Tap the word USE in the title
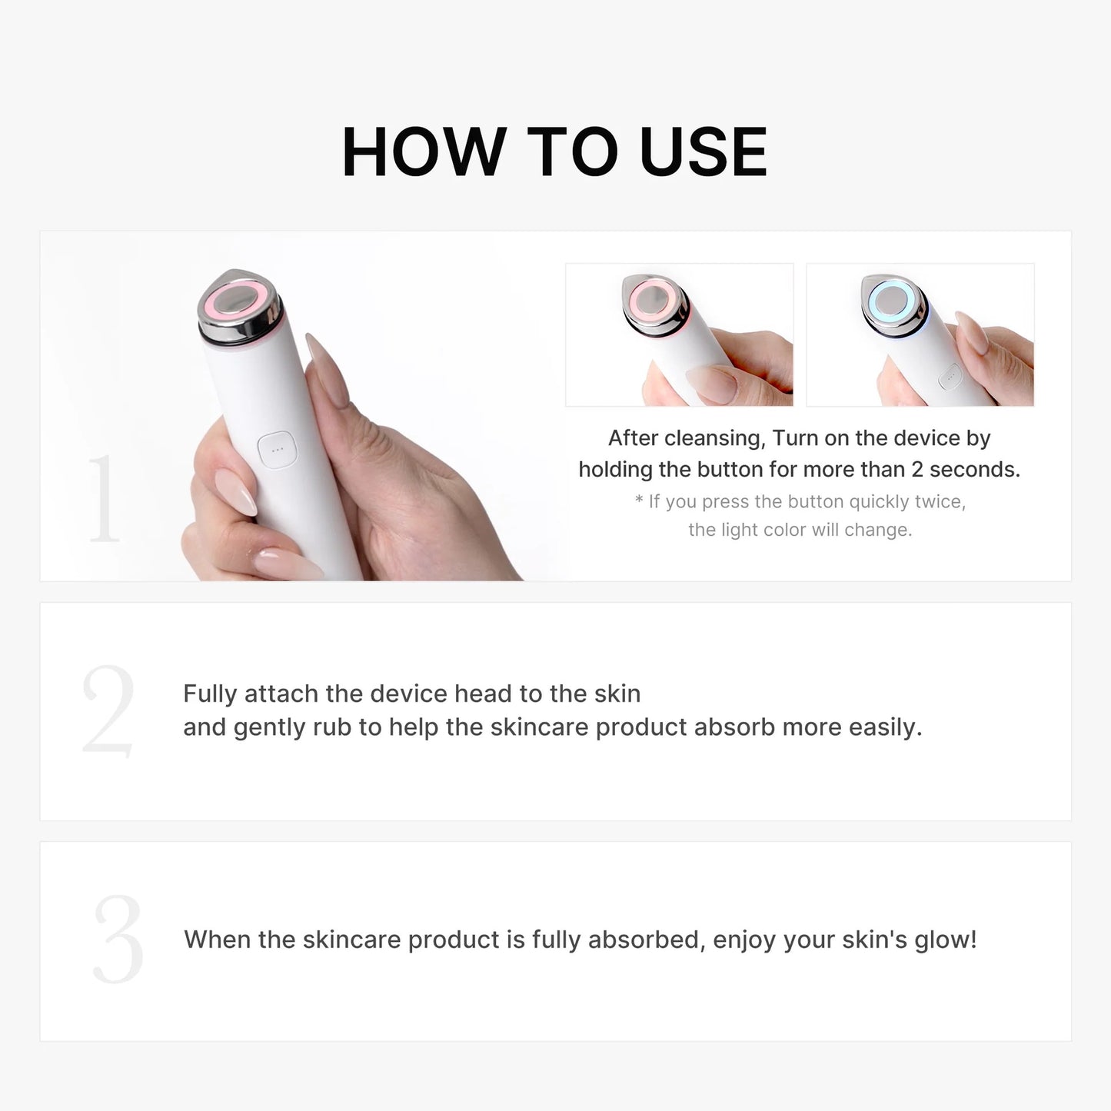(703, 152)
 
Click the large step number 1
(104, 499)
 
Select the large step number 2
(108, 711)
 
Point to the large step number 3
(118, 940)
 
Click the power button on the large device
(277, 450)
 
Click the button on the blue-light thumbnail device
(951, 377)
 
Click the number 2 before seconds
(916, 470)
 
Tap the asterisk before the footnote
(639, 501)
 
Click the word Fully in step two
(210, 694)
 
